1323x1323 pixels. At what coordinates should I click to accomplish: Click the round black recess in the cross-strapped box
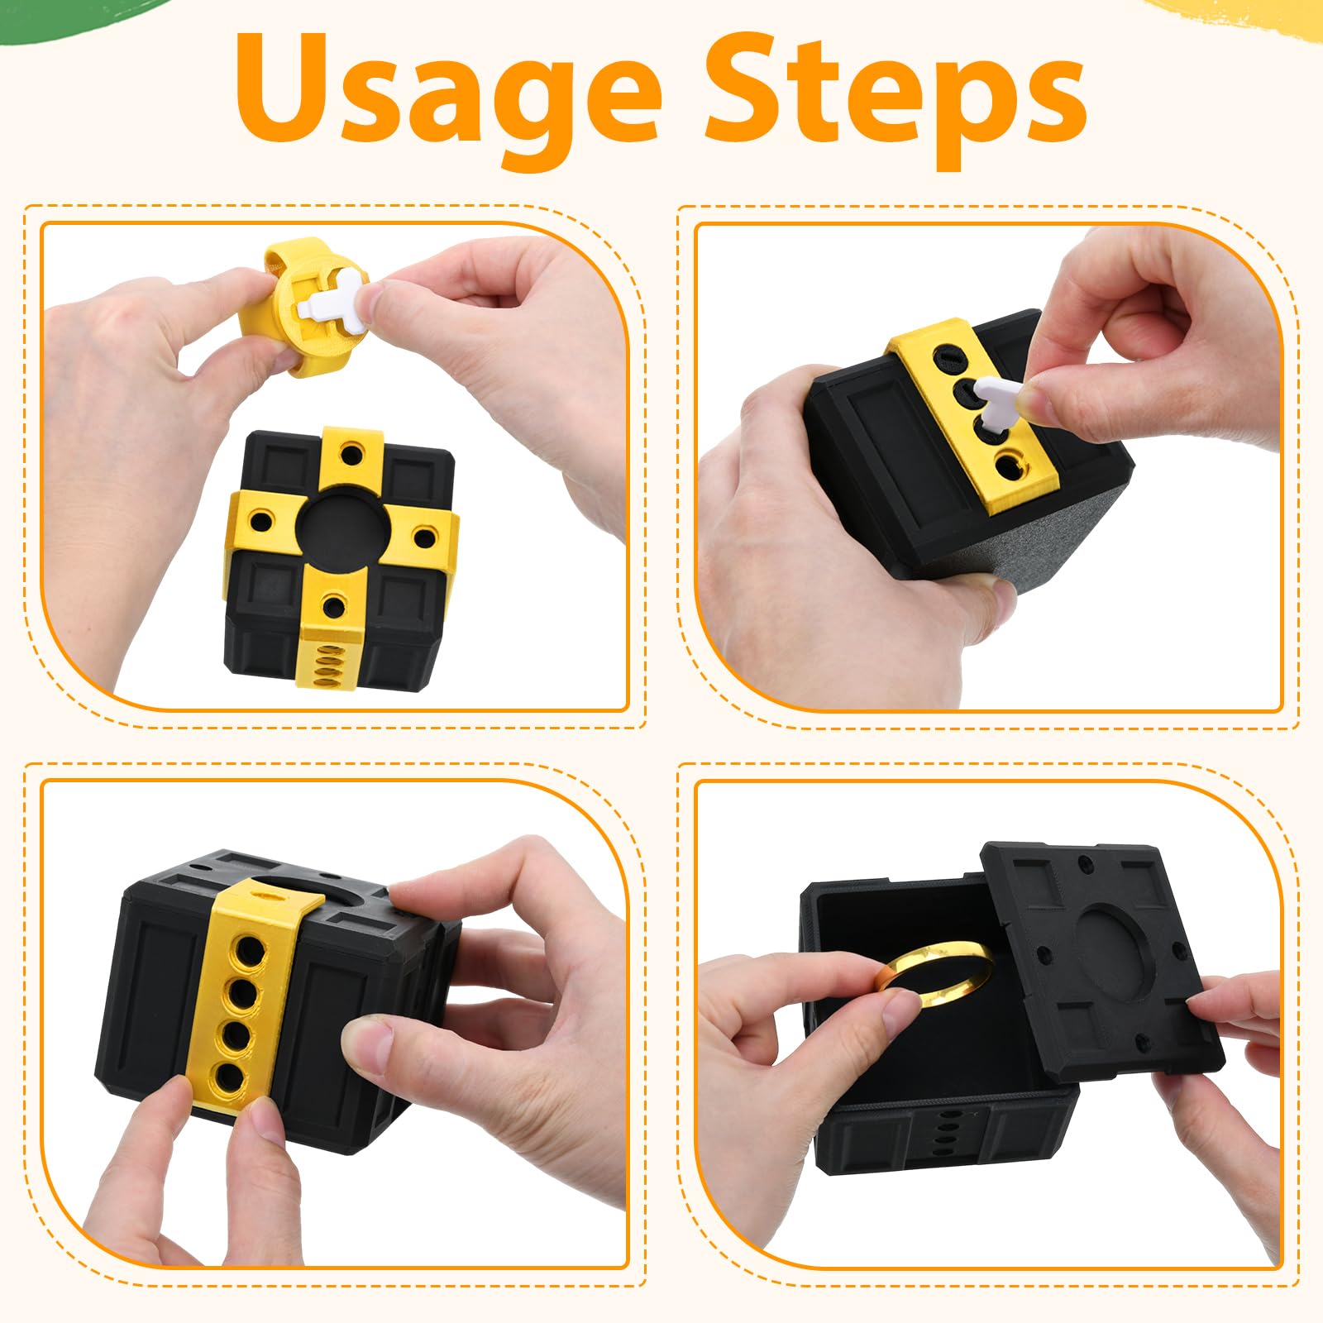coord(339,529)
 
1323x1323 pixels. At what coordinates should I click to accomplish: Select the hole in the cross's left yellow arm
coord(264,523)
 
